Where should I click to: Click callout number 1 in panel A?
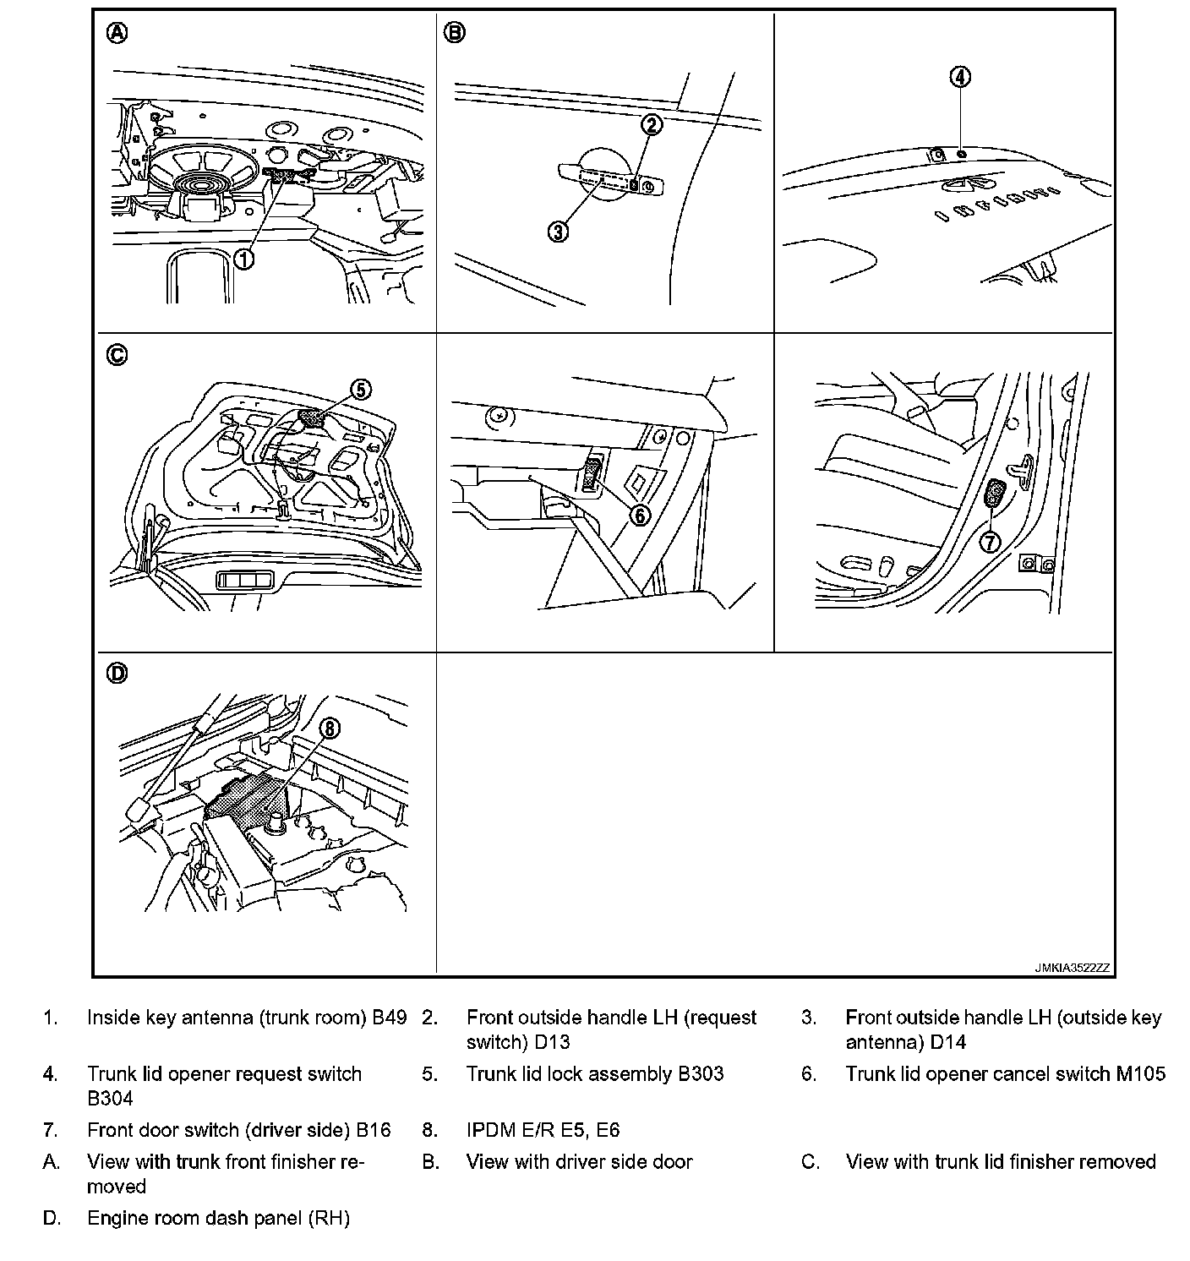tap(243, 259)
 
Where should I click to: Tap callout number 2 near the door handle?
tap(651, 125)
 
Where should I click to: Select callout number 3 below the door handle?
tap(558, 231)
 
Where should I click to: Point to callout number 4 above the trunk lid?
tap(960, 77)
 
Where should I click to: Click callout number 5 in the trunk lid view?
tap(361, 389)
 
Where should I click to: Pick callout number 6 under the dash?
tap(640, 514)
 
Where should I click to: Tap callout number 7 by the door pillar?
tap(990, 541)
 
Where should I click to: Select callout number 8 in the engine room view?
tap(329, 728)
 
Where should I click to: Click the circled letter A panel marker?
tap(117, 33)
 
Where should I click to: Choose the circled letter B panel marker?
tap(455, 33)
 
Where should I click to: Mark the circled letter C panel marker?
tap(117, 355)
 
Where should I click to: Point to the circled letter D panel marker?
tap(117, 674)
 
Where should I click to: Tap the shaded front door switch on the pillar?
tap(995, 494)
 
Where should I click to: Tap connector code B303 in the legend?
tap(701, 1074)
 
